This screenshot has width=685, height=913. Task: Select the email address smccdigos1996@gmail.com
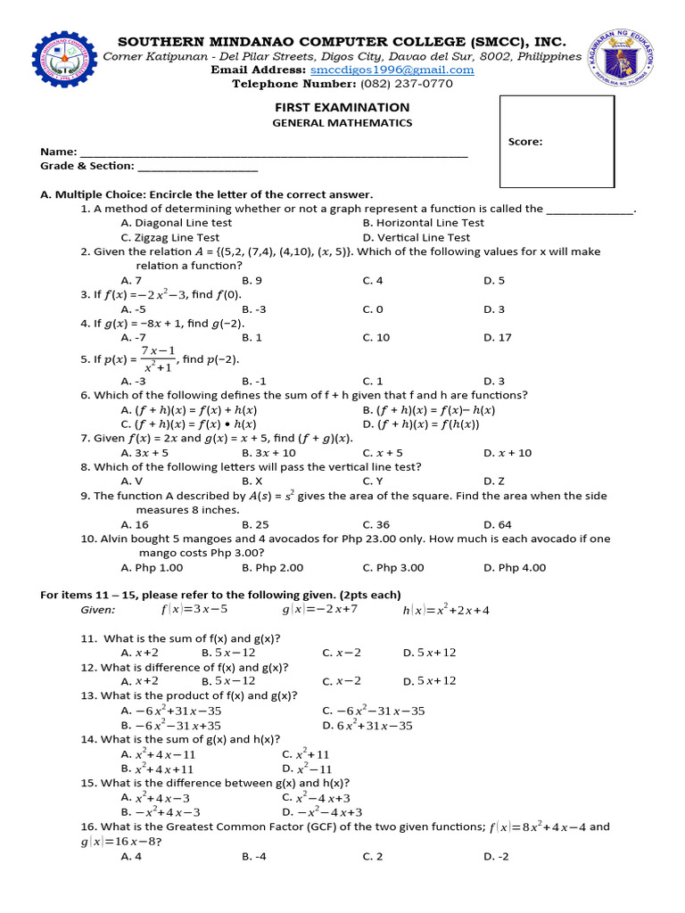point(392,70)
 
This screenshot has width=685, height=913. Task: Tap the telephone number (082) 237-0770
point(406,84)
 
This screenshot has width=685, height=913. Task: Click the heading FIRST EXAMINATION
point(342,107)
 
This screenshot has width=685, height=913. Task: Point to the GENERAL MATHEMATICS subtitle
point(342,123)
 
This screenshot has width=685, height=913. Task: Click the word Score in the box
point(525,142)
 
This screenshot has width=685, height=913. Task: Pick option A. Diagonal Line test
point(177,223)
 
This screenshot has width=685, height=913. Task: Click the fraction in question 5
point(159,359)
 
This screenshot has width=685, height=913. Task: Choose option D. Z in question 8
point(494,481)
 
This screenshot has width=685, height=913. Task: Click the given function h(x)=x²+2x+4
point(446,611)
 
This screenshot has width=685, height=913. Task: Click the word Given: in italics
point(97,610)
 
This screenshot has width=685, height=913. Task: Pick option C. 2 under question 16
point(373,857)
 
